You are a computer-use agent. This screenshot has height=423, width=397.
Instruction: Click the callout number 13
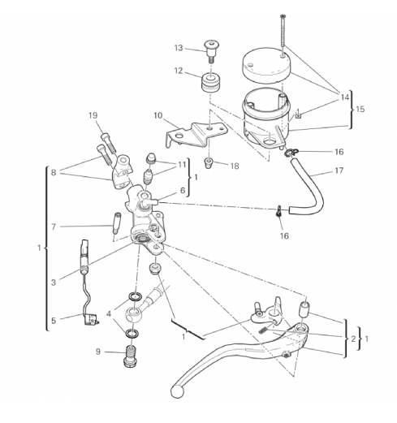[179, 48]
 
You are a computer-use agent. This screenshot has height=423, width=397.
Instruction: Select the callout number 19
[93, 115]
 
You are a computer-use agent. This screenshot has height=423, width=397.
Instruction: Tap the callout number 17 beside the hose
[339, 170]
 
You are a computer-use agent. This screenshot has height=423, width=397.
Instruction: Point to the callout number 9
[98, 352]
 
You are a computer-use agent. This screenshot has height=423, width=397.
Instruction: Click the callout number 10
[158, 115]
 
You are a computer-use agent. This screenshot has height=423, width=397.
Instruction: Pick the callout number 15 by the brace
[360, 109]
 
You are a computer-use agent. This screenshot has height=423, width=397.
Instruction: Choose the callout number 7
[54, 227]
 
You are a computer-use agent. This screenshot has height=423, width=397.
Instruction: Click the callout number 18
[235, 166]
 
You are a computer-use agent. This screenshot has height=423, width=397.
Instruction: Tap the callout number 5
[54, 321]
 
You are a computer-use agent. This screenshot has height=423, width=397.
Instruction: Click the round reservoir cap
[265, 65]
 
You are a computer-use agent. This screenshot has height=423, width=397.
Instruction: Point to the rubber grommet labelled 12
[209, 82]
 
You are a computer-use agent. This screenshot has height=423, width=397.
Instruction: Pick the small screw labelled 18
[209, 163]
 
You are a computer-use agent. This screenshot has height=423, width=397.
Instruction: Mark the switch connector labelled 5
[90, 319]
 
